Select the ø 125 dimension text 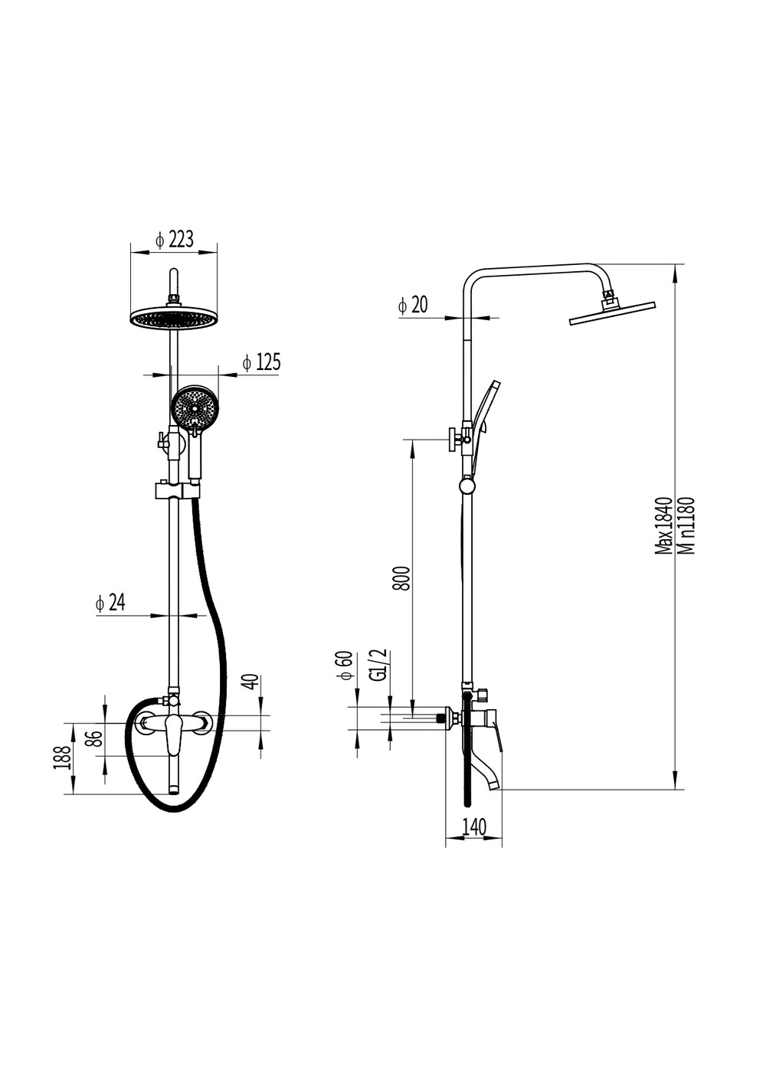(x=261, y=362)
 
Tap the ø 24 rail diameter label (x=110, y=603)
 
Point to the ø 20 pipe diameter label (x=413, y=305)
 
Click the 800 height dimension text (x=402, y=577)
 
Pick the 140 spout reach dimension (x=474, y=826)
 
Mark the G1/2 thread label (x=381, y=666)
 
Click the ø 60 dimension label (x=347, y=666)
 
